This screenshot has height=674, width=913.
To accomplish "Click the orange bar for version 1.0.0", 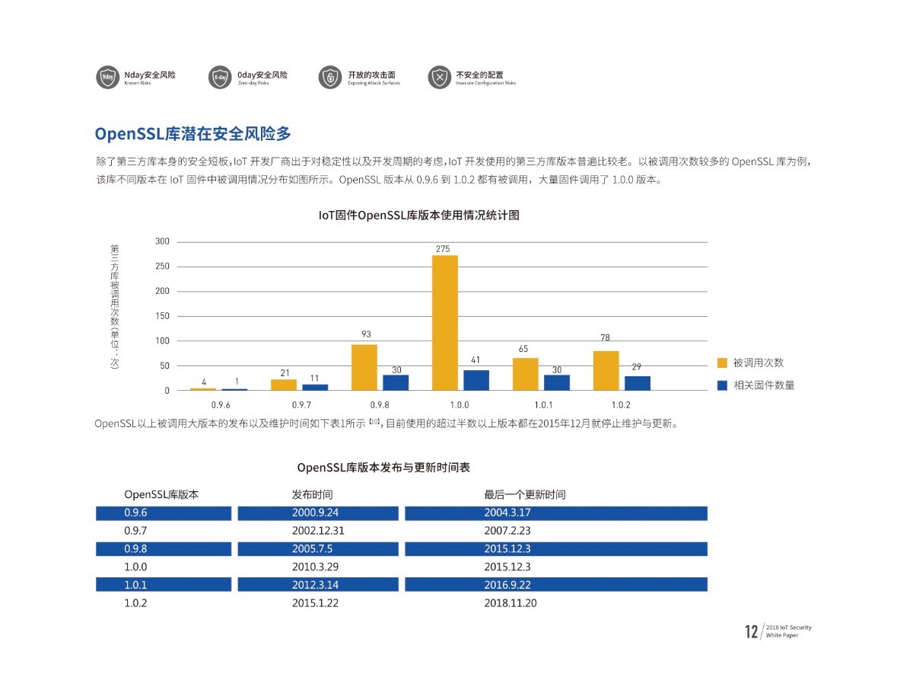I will tap(445, 323).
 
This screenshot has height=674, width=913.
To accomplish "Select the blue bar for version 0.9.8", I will tap(396, 382).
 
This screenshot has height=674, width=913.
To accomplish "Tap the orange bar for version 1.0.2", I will tap(606, 371).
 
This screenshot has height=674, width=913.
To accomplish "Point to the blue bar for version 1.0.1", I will tap(557, 382).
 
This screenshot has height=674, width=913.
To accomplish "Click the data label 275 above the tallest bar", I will tap(443, 249).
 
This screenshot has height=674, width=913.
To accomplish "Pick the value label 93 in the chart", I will tap(367, 334).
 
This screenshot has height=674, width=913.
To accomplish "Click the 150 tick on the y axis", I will tap(162, 316).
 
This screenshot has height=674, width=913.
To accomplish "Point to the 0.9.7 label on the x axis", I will tap(301, 405).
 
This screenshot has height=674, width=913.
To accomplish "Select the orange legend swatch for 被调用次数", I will tap(722, 363).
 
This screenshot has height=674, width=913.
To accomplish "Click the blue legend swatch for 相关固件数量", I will tap(722, 385).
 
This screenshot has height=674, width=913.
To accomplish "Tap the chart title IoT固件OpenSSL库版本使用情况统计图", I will tap(419, 216).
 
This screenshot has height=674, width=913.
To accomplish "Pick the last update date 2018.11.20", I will tap(511, 602).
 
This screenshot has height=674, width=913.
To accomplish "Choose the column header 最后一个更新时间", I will tap(525, 494).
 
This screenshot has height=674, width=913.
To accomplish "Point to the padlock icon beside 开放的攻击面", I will tap(330, 78).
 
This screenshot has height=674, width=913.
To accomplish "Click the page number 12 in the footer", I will tap(752, 631).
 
